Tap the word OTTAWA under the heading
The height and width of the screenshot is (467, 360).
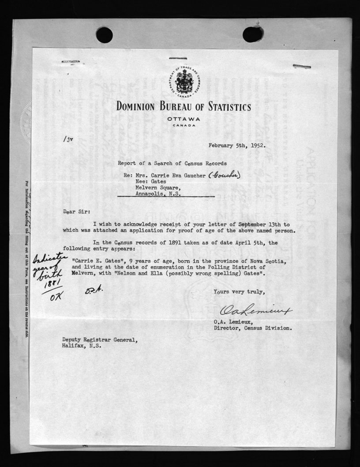[184, 119]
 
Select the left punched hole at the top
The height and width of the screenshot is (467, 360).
[104, 35]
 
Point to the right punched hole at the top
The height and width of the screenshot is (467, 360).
[252, 34]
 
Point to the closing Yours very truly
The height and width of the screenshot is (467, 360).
[239, 292]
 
